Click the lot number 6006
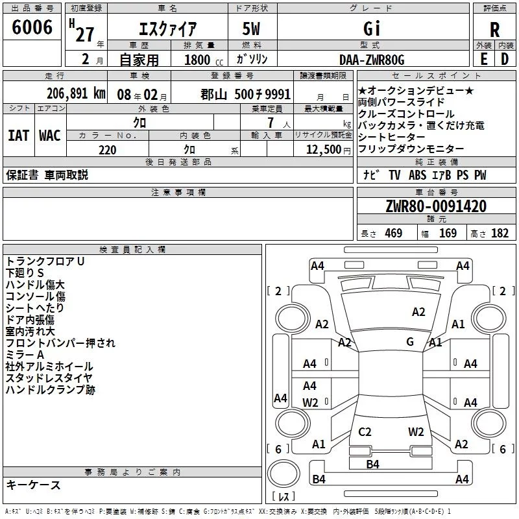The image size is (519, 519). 32,27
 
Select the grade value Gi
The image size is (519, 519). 372,29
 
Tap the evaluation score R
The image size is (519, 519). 494,30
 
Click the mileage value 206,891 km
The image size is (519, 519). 76,93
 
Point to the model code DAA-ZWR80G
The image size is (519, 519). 372,60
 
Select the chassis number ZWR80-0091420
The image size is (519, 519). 436,206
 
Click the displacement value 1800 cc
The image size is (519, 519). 204,60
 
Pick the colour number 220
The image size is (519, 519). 108,150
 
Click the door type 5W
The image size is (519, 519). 251,29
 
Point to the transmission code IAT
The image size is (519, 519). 19,136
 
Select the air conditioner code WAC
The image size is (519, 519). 50,136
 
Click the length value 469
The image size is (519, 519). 394,233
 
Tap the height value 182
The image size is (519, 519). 500,233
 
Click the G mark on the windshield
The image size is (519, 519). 410,342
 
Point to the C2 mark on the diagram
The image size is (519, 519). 365,431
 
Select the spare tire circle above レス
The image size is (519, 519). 284,474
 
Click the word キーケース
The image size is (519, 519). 33,485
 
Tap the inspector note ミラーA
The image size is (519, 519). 25,355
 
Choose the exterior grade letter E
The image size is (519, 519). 483,59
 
